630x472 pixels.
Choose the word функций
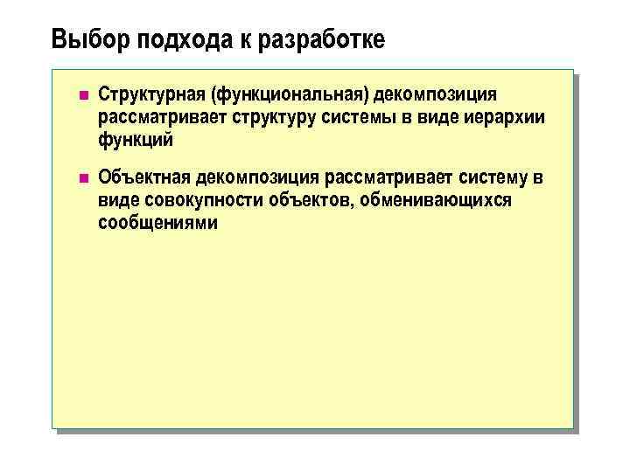(x=136, y=140)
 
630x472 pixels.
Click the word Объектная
(x=143, y=179)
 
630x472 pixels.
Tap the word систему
(x=493, y=179)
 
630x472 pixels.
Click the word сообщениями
(x=157, y=224)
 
